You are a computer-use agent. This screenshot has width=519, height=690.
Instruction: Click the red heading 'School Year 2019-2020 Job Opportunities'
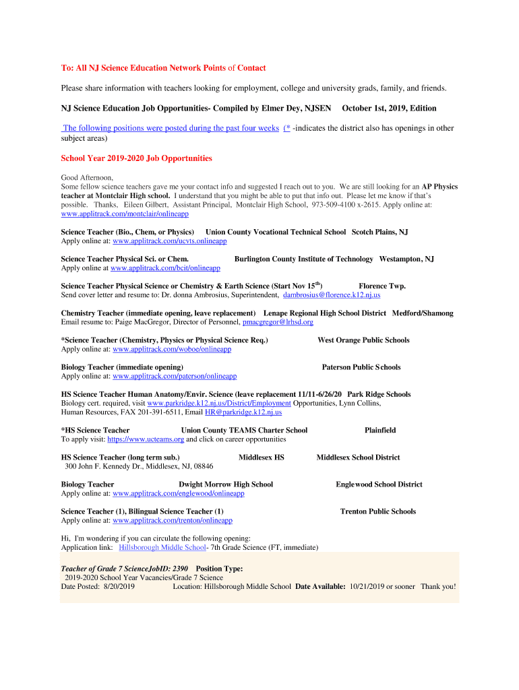point(136,158)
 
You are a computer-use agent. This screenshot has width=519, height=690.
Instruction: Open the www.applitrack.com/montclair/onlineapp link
point(125,214)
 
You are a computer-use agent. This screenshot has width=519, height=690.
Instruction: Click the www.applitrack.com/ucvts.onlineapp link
point(169,241)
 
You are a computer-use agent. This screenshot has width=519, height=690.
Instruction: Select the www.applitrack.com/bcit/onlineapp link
point(165,268)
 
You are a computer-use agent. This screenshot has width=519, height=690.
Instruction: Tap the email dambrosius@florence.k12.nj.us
point(332,294)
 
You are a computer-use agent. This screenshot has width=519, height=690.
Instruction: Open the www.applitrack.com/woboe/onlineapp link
point(172,349)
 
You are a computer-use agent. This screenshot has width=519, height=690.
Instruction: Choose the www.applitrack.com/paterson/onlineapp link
point(175,376)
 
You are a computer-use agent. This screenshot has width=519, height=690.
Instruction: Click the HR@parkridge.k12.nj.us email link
point(243,412)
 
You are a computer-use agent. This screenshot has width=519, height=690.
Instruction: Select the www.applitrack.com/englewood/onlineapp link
point(178,493)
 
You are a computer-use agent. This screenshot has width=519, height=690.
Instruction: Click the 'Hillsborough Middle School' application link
point(162,547)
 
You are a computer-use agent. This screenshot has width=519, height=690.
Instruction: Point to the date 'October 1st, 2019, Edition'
point(389,108)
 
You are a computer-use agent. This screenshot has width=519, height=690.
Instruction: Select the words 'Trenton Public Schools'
point(377,511)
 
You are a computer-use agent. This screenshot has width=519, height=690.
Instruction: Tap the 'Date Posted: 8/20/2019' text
point(98,586)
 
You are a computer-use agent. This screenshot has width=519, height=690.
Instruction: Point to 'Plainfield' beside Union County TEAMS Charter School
point(380,430)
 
